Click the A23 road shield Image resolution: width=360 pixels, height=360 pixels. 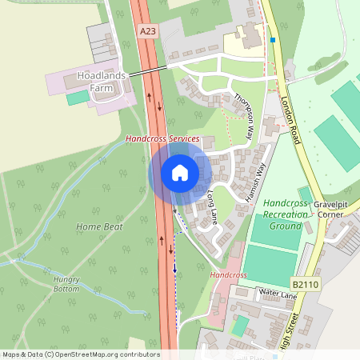147,30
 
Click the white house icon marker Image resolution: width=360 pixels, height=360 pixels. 180,172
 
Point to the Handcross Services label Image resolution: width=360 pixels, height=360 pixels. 162,138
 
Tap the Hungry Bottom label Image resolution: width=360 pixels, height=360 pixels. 67,285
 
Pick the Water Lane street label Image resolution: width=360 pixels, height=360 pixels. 277,296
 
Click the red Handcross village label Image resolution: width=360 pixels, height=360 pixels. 229,274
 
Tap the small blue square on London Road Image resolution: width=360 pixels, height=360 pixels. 273,39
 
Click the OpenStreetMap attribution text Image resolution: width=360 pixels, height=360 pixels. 80,354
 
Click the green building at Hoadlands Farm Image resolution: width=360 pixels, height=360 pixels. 78,97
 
